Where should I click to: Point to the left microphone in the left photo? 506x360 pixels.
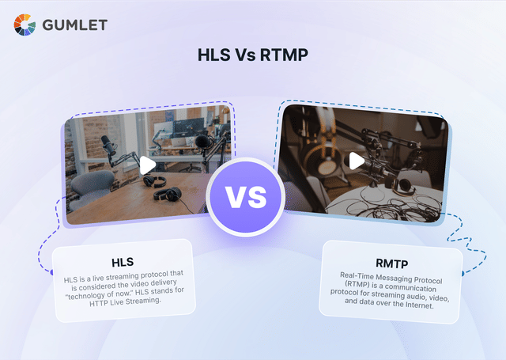106,145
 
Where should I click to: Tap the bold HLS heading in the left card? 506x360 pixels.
123,261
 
